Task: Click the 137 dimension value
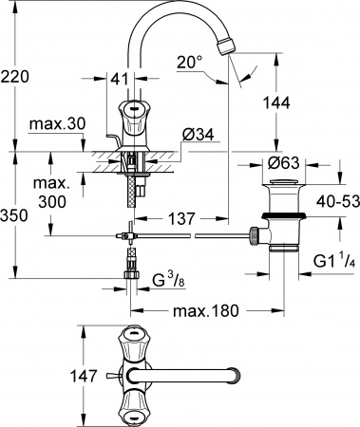point(184,219)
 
